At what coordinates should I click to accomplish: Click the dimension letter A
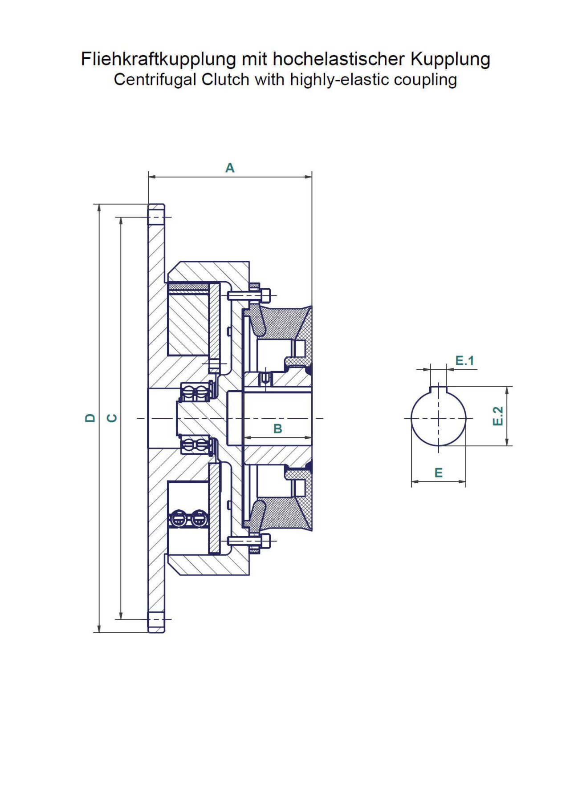(x=230, y=168)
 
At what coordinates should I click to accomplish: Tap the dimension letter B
(x=277, y=429)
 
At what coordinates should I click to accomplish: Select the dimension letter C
(x=113, y=418)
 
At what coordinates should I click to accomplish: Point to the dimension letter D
(x=90, y=418)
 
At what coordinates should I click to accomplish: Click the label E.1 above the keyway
(x=464, y=361)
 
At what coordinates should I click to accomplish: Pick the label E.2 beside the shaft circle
(x=498, y=416)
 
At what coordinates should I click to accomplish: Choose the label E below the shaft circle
(x=438, y=473)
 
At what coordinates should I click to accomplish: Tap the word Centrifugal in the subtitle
(x=155, y=80)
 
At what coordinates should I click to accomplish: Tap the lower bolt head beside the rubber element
(x=266, y=541)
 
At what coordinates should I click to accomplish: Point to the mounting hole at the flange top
(x=155, y=218)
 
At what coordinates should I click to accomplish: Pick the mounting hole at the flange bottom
(x=155, y=619)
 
